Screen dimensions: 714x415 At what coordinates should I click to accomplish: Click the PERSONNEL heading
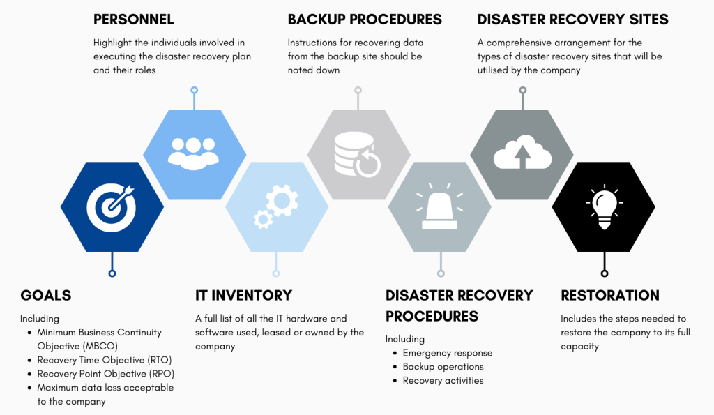pyautogui.click(x=133, y=20)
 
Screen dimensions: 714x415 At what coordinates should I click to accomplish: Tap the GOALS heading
pyautogui.click(x=45, y=295)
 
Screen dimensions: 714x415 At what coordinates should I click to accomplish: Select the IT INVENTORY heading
pyautogui.click(x=243, y=295)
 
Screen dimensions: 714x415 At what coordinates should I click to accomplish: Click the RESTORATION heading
pyautogui.click(x=609, y=295)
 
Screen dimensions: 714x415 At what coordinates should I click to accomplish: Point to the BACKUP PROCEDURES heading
pyautogui.click(x=365, y=20)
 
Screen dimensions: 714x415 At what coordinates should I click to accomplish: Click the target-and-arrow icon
pyautogui.click(x=112, y=207)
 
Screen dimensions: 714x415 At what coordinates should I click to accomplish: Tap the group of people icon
pyautogui.click(x=194, y=154)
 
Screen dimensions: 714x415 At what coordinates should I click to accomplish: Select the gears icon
pyautogui.click(x=276, y=206)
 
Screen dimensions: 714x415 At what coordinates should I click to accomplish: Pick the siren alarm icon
pyautogui.click(x=440, y=206)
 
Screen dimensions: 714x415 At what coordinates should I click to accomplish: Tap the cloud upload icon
pyautogui.click(x=523, y=152)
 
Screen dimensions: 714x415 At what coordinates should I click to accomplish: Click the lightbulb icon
pyautogui.click(x=605, y=207)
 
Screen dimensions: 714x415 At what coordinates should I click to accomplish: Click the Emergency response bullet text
pyautogui.click(x=448, y=353)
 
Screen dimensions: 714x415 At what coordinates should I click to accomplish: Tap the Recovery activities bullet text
pyautogui.click(x=443, y=380)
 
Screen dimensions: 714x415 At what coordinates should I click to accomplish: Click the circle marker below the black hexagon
pyautogui.click(x=605, y=273)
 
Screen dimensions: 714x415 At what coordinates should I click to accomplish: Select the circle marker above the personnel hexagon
pyautogui.click(x=195, y=90)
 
